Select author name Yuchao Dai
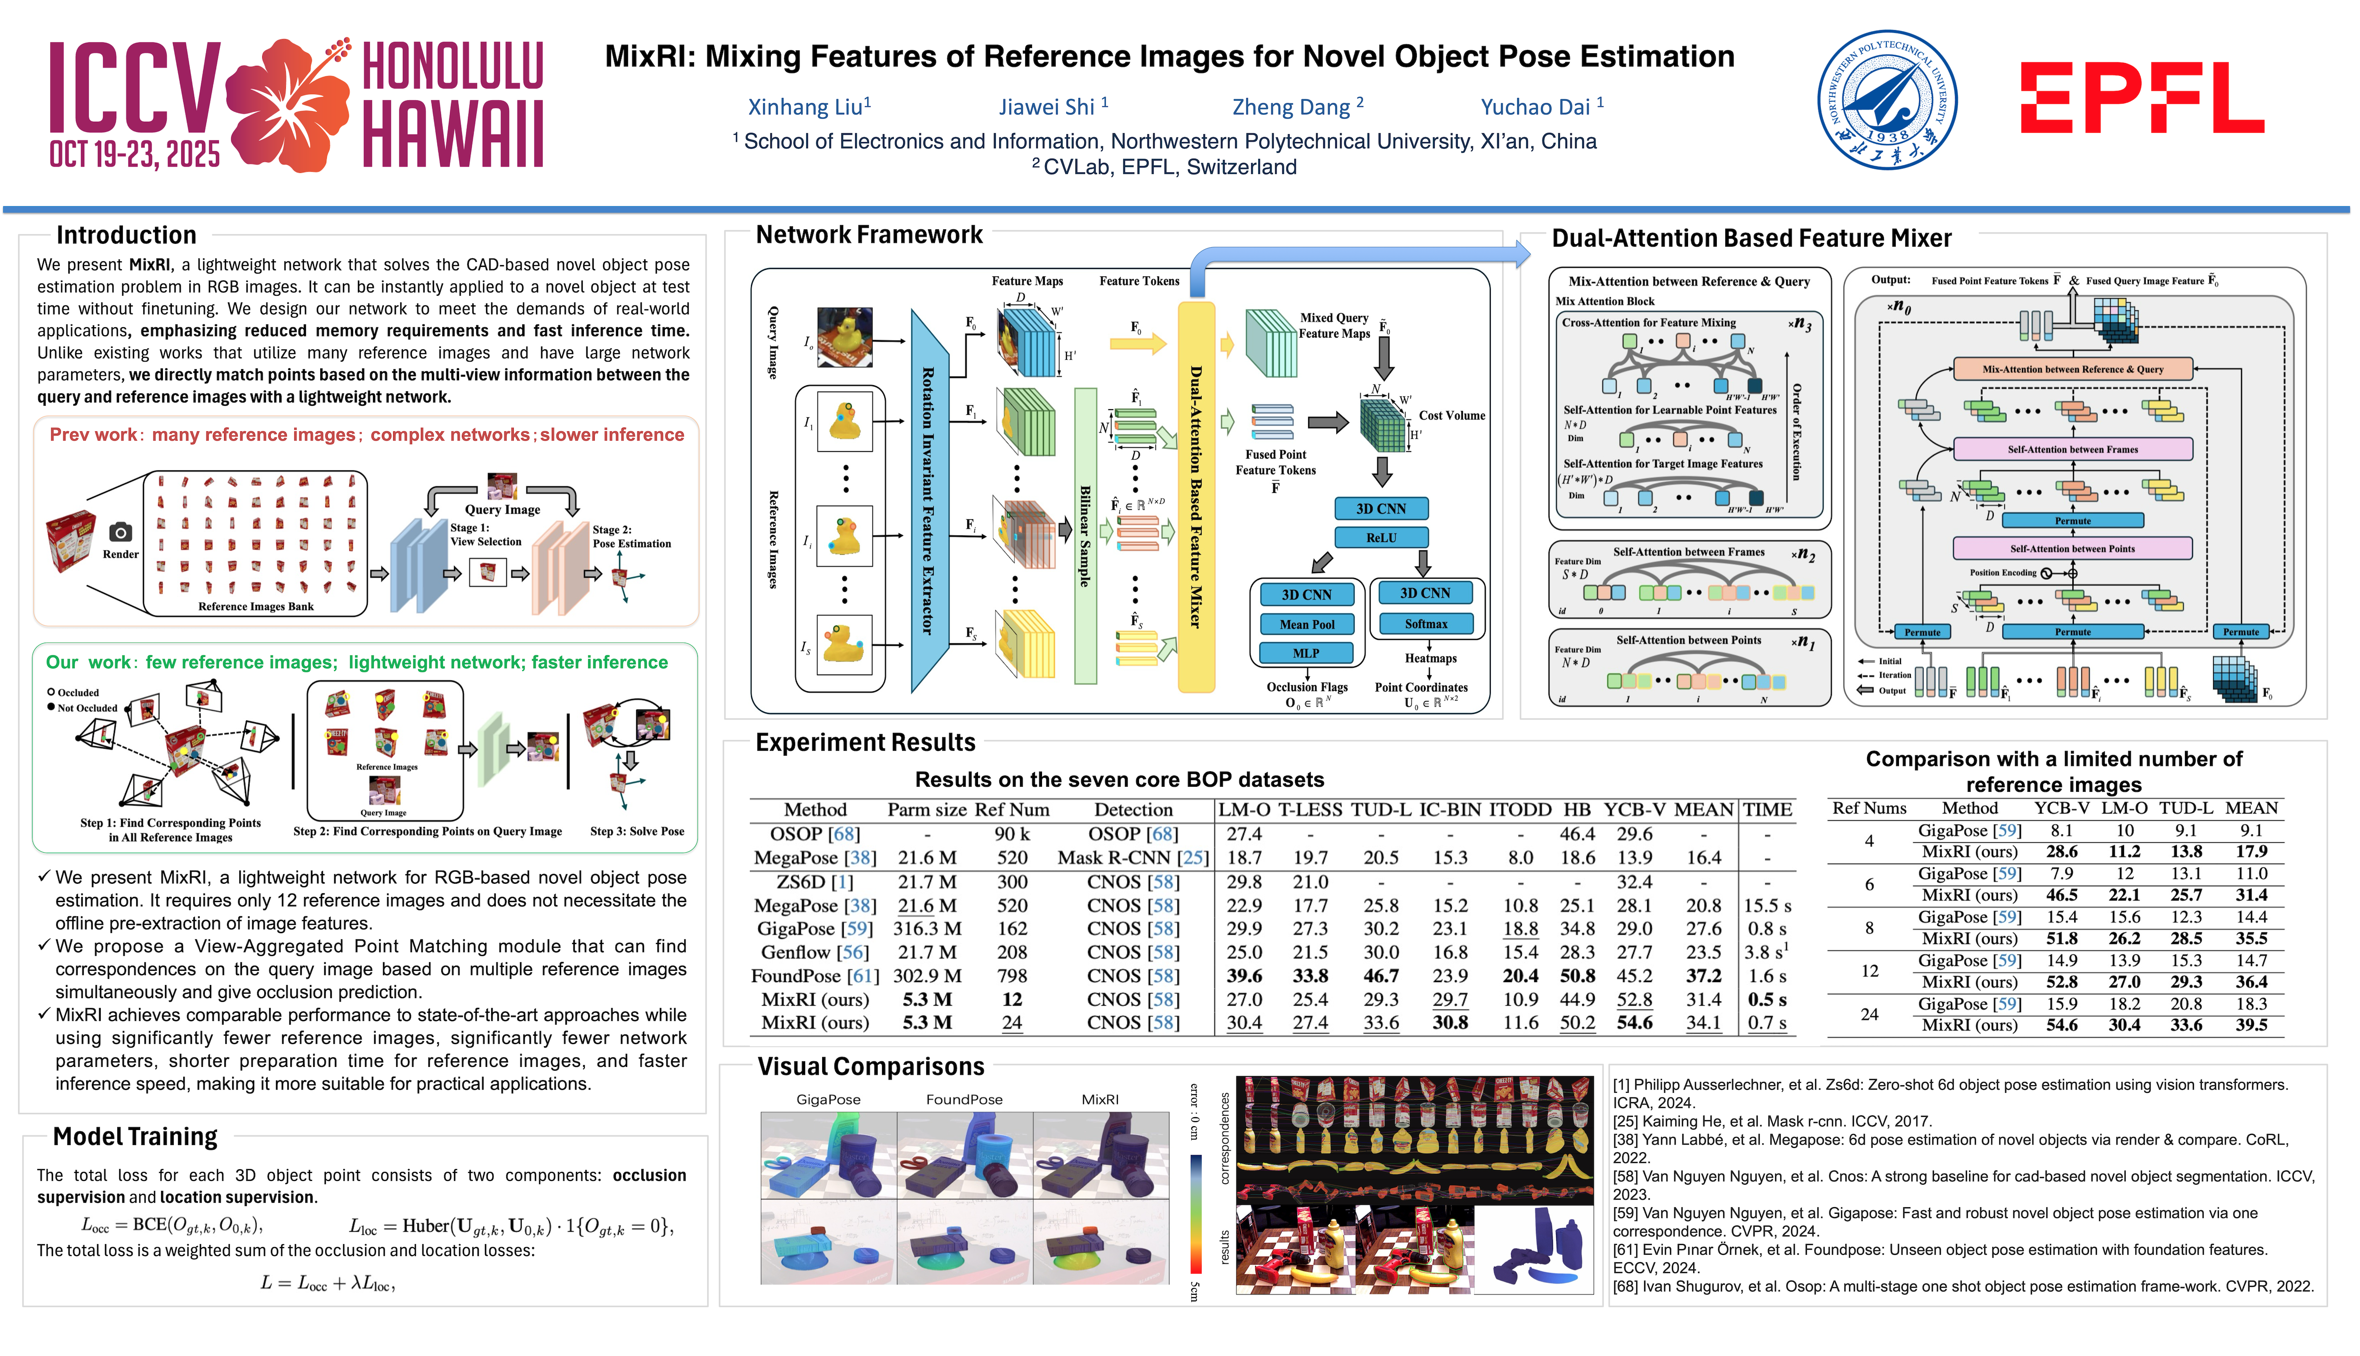1535,107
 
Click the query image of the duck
845,337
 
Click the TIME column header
1767,809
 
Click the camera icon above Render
120,532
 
